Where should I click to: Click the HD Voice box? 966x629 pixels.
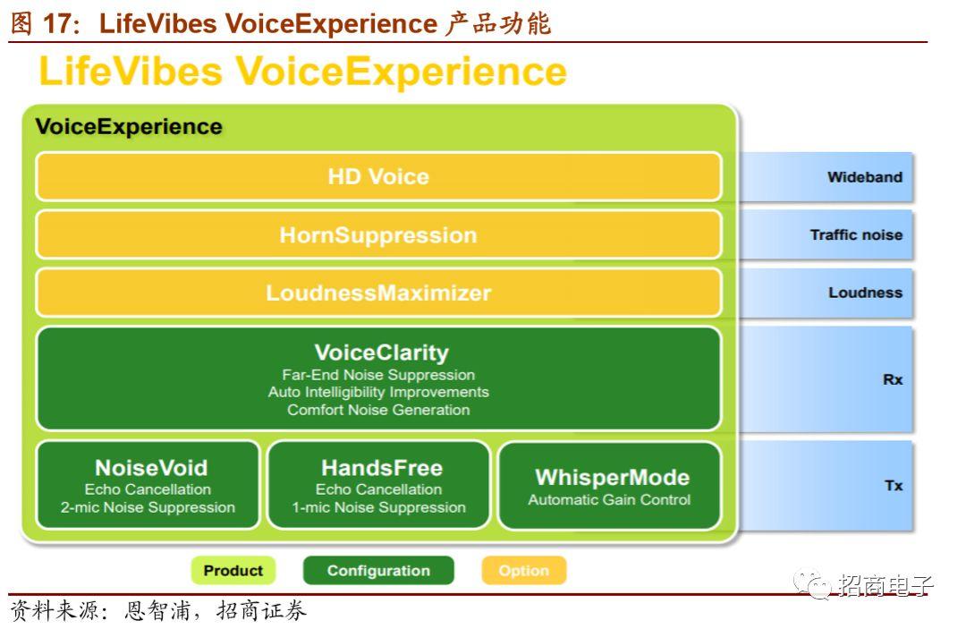point(378,177)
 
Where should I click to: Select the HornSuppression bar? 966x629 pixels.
point(378,234)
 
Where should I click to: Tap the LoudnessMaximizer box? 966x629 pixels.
point(378,293)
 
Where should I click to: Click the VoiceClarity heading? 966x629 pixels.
point(381,353)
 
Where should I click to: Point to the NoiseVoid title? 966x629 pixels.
point(151,468)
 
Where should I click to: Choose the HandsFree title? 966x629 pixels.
point(381,468)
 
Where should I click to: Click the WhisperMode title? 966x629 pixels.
point(612,477)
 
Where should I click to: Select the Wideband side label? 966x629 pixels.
point(864,177)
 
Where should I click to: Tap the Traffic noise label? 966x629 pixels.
point(856,234)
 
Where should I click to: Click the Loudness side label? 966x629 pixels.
point(865,293)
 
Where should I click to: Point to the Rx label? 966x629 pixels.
point(893,379)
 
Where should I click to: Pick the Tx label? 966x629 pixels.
point(894,486)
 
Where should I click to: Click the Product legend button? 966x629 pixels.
point(233,571)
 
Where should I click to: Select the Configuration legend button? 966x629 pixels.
point(378,571)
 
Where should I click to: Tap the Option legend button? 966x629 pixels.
point(523,571)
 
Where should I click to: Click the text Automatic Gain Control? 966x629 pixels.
point(609,499)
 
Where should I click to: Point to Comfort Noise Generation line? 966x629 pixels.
point(378,410)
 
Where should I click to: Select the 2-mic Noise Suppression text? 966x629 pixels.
point(148,507)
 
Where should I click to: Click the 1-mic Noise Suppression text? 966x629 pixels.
point(379,507)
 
